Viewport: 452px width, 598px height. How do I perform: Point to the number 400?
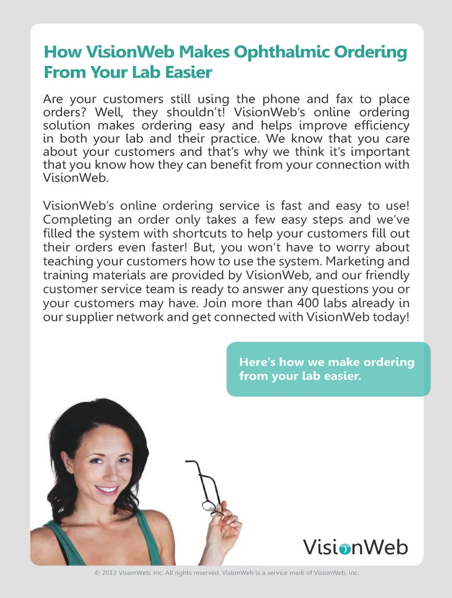click(308, 303)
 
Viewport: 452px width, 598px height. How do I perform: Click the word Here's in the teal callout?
click(257, 362)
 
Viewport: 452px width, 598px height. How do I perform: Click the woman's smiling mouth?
click(107, 490)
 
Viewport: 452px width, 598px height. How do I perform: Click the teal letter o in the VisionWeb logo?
click(345, 549)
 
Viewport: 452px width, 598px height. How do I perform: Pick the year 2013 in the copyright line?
click(109, 573)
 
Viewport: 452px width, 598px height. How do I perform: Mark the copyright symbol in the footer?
click(97, 573)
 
